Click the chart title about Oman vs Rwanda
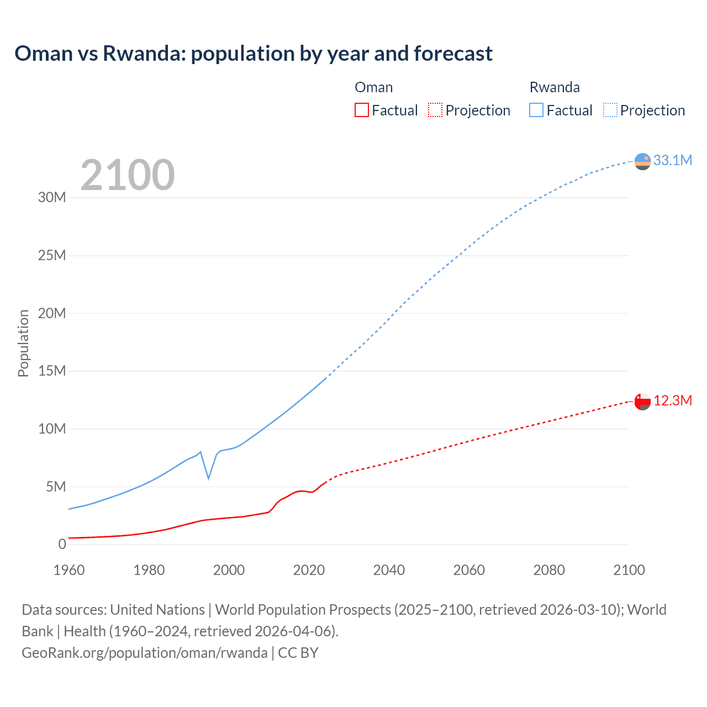point(254,54)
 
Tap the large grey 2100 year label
point(128,175)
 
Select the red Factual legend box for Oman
point(362,110)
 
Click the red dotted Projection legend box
point(435,110)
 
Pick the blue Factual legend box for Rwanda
point(536,110)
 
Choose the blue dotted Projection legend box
point(610,110)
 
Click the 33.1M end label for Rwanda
point(672,160)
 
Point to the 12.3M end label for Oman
point(672,400)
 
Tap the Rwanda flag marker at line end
point(642,161)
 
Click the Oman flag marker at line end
point(642,402)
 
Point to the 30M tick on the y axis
point(52,197)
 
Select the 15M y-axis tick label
point(52,371)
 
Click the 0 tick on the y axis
point(62,544)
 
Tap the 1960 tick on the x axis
point(69,570)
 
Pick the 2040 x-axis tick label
point(389,570)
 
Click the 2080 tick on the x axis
point(549,570)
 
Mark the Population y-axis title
point(23,343)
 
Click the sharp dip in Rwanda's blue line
point(208,477)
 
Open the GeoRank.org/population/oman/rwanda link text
point(145,653)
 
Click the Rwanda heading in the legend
point(555,87)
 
